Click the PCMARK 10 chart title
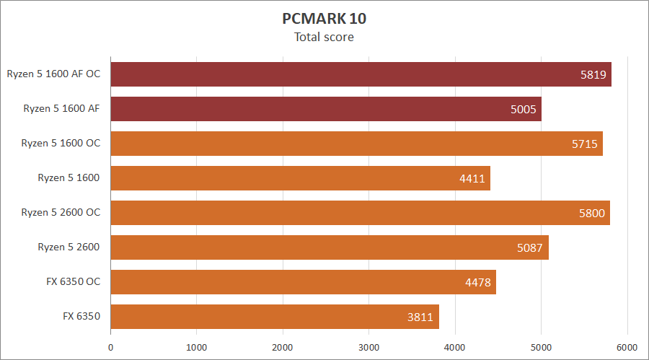pos(324,18)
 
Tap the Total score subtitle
pos(324,37)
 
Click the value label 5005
pos(523,109)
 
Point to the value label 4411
pos(472,178)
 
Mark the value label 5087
pos(531,247)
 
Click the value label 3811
pos(421,317)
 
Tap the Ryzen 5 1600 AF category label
pos(61,109)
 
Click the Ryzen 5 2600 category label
pos(69,247)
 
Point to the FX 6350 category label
pos(81,317)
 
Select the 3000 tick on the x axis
pos(368,347)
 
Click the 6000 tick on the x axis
pos(627,347)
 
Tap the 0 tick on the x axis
pos(110,347)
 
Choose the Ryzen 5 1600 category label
pos(69,178)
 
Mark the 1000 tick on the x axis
pos(197,347)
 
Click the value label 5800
pos(592,213)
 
